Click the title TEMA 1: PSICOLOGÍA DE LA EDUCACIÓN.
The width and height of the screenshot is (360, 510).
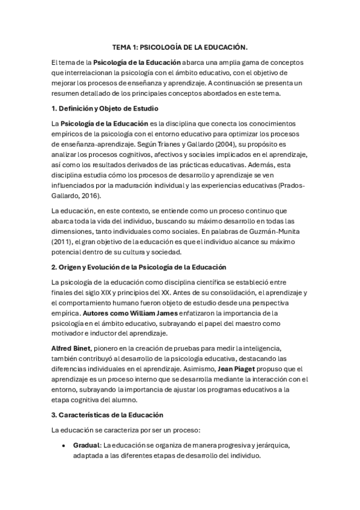click(x=180, y=46)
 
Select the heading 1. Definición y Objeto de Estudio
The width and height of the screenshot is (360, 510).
click(x=105, y=109)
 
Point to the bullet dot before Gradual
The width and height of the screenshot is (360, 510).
click(x=63, y=446)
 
